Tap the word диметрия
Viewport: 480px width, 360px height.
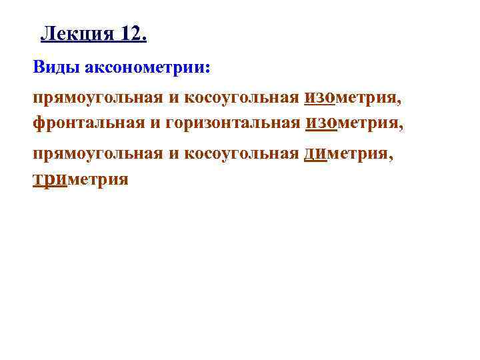coord(348,153)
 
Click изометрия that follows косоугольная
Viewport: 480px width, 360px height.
coord(352,99)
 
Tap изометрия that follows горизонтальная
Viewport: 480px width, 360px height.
coord(354,123)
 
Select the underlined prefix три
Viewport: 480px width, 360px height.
coord(50,179)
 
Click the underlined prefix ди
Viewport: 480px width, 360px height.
coord(315,153)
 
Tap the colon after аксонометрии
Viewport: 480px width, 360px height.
coord(207,70)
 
